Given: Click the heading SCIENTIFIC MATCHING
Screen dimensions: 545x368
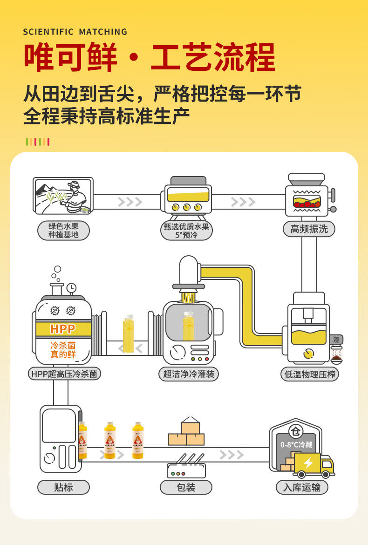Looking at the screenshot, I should [x=75, y=32].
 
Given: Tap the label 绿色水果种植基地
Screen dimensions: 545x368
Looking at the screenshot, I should [x=63, y=230].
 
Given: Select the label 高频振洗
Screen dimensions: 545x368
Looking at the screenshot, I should [x=309, y=229].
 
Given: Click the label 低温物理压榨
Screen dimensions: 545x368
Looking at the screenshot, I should [x=310, y=374].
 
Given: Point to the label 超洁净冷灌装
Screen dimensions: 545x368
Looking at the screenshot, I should [x=188, y=374].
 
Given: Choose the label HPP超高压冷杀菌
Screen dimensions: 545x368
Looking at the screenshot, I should [x=64, y=374].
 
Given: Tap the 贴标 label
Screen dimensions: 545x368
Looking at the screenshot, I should [x=63, y=487].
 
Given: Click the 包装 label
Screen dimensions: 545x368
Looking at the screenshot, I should [x=186, y=487].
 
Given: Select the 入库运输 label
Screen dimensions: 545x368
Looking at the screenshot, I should [x=302, y=487].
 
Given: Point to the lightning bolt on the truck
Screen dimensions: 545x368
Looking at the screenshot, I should [x=308, y=463].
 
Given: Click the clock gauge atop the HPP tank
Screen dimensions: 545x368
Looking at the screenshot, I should [x=71, y=288].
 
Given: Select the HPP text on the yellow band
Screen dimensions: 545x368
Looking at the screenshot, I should [x=63, y=329].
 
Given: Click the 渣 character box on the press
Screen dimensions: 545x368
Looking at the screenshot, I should [x=336, y=340].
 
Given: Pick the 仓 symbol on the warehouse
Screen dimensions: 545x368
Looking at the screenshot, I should [x=295, y=430].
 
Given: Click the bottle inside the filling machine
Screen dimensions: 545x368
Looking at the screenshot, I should [x=188, y=326].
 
